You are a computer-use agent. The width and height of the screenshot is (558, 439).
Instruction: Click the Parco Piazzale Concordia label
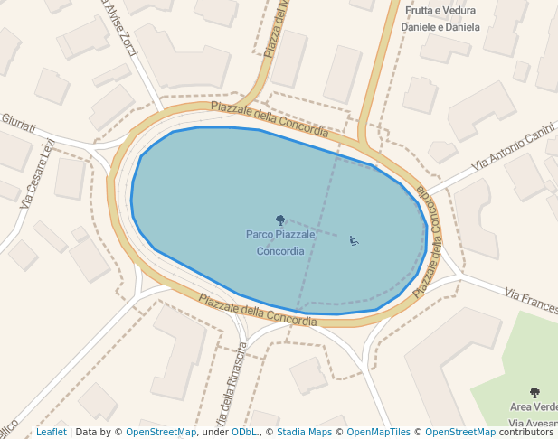coord(280,242)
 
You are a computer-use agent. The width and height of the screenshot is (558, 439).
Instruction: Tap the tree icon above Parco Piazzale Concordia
coord(280,219)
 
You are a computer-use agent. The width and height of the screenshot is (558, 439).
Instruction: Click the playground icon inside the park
coord(354,240)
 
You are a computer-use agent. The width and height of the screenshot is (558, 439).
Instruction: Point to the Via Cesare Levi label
coord(36,173)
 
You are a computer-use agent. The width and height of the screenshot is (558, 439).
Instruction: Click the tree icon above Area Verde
coord(534,393)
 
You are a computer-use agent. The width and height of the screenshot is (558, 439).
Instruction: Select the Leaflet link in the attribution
coord(51,433)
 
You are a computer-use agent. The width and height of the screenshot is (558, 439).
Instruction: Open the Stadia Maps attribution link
coord(304,433)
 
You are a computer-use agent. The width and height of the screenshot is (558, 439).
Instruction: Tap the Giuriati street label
coord(18,121)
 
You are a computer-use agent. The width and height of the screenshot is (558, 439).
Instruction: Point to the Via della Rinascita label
coord(231,388)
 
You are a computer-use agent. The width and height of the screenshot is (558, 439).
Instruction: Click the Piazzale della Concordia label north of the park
coord(270,119)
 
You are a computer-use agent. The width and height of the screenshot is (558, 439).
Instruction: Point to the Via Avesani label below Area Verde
coord(533,423)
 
